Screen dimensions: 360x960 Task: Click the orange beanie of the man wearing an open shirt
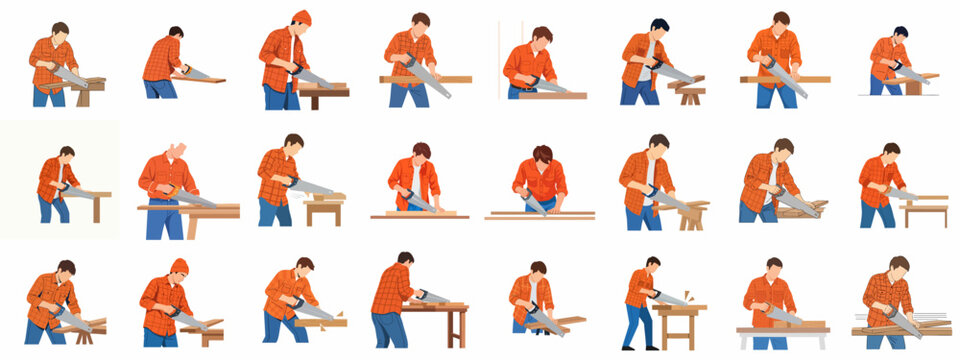(301, 17)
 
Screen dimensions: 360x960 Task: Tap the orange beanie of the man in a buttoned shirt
(178, 266)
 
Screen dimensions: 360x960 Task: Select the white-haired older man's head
(177, 151)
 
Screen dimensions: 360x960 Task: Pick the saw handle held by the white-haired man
(168, 190)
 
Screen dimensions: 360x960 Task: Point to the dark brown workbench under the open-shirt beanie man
(324, 93)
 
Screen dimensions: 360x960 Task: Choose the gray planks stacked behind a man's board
(930, 321)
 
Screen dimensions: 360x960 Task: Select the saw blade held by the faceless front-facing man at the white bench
(782, 316)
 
